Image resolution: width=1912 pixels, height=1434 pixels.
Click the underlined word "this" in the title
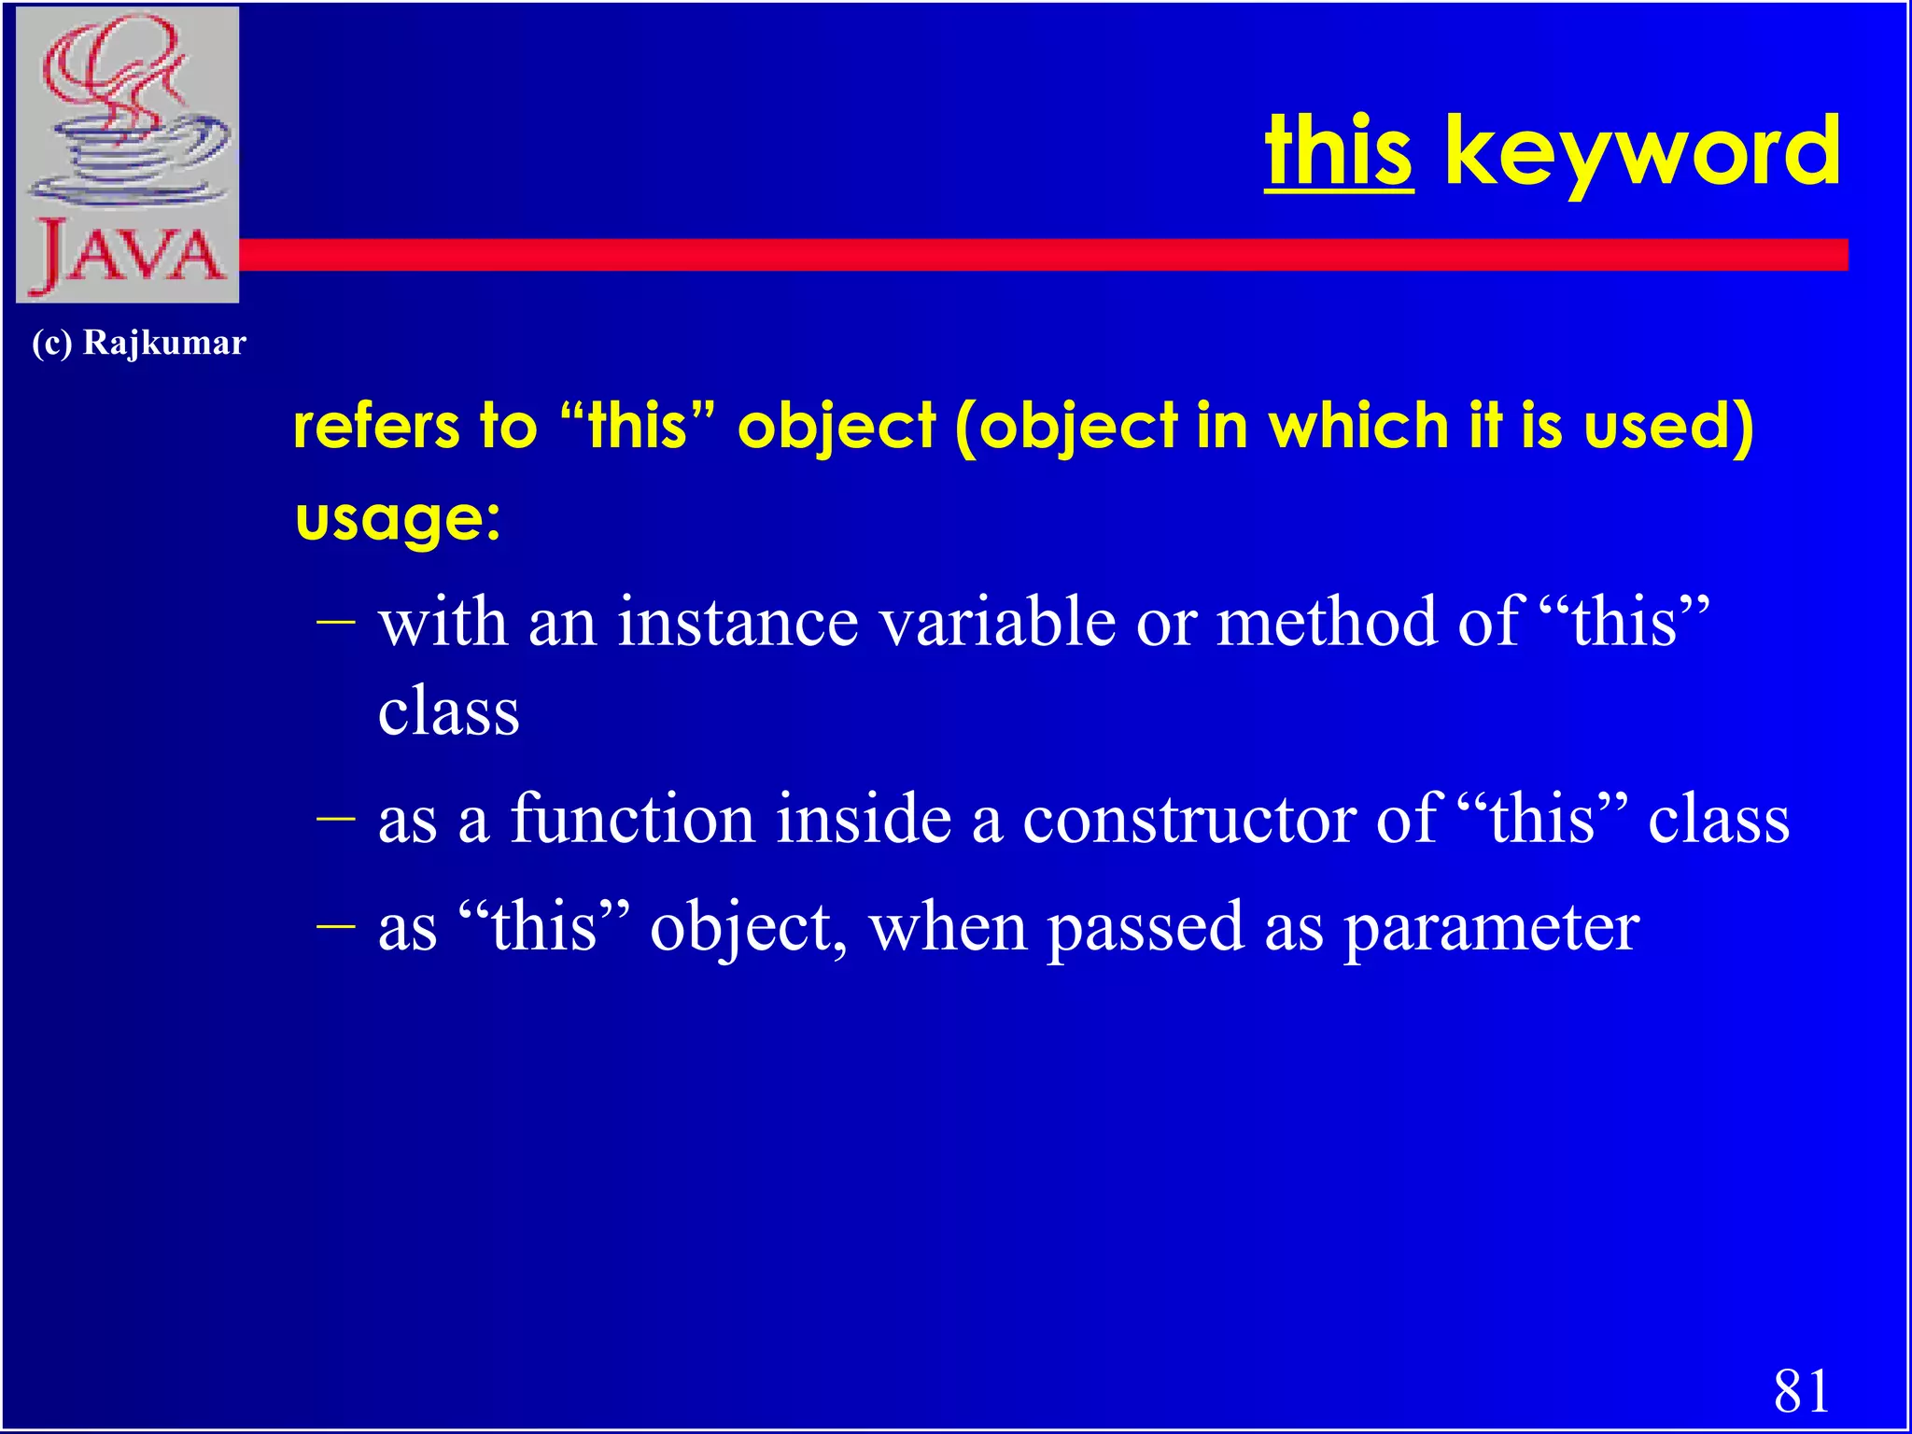(1338, 152)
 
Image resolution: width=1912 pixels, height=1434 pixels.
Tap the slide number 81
(1801, 1390)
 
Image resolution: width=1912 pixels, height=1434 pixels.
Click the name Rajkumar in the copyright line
(164, 343)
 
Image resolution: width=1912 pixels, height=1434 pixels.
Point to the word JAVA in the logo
(128, 255)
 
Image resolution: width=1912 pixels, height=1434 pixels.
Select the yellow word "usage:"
(398, 519)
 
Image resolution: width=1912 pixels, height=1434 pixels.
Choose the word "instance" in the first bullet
(738, 623)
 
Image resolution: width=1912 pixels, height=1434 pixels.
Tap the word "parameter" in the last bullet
(1491, 928)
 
